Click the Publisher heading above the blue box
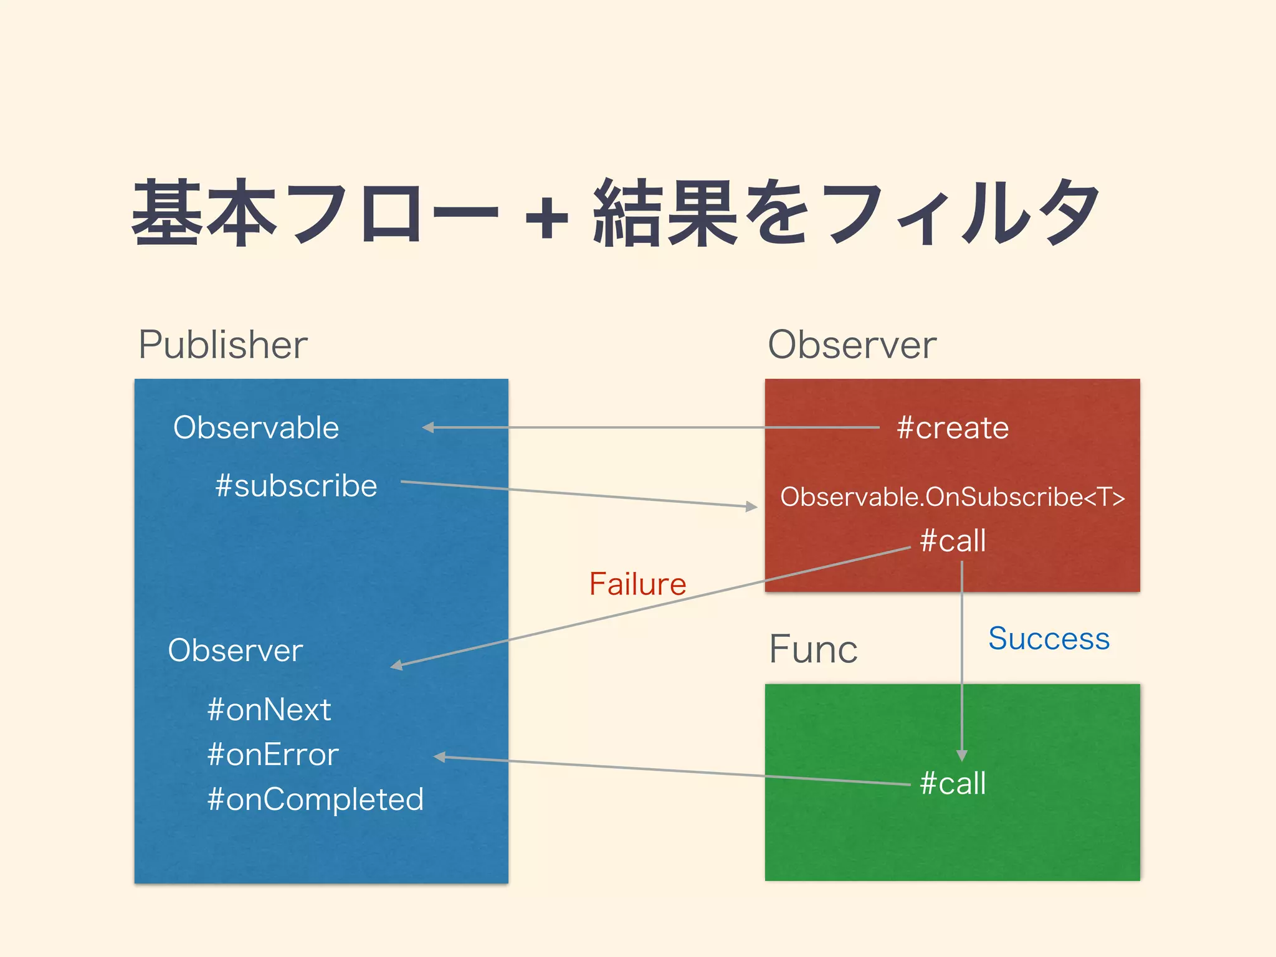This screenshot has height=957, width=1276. (222, 345)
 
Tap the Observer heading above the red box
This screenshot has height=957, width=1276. (852, 345)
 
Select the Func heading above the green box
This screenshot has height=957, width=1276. (813, 649)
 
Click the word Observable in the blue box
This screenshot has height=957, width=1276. (256, 428)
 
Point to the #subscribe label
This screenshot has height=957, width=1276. (296, 486)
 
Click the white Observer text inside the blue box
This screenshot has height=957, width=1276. (236, 650)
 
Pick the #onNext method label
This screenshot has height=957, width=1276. (269, 710)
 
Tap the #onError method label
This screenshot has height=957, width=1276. (273, 755)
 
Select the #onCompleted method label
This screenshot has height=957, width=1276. (315, 799)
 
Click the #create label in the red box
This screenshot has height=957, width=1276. (953, 428)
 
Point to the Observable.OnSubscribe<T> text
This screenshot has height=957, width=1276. (953, 497)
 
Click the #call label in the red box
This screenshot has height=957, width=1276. (953, 541)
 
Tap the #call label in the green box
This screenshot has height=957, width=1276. (953, 783)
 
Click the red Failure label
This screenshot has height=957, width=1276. (637, 584)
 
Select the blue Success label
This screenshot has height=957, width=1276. (1049, 639)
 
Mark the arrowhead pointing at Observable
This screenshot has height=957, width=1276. (428, 427)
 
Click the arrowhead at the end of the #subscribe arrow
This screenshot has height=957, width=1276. (752, 507)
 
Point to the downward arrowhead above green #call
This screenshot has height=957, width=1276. (962, 756)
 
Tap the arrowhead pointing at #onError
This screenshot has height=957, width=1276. (439, 757)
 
